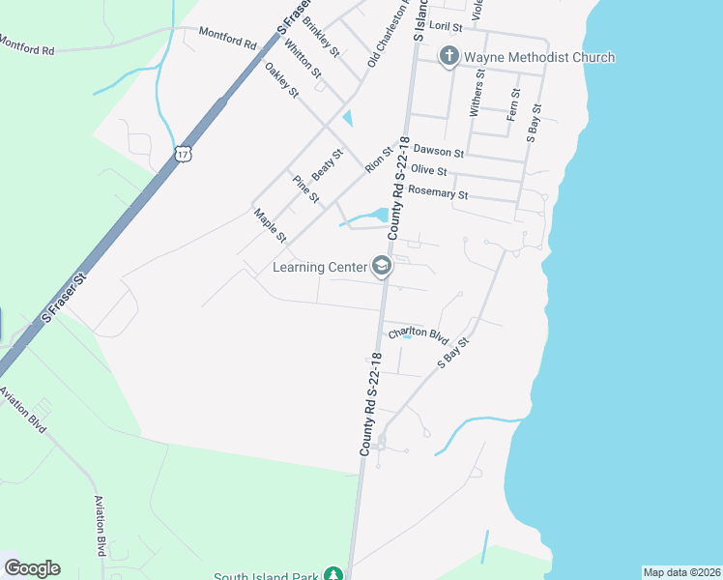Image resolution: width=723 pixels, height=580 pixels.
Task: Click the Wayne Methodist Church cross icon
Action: click(x=449, y=57)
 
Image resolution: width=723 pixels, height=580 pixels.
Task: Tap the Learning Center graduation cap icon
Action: click(x=382, y=267)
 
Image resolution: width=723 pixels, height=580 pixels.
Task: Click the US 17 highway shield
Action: click(x=184, y=153)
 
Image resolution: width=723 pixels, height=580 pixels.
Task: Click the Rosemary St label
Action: click(x=438, y=192)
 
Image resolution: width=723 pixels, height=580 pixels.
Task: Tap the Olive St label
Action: click(x=429, y=170)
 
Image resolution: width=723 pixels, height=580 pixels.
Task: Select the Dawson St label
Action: click(x=439, y=151)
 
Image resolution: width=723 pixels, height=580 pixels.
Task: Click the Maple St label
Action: click(x=271, y=225)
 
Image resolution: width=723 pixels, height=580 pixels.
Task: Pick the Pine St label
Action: click(x=305, y=189)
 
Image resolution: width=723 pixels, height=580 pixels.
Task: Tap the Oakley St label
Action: click(x=282, y=79)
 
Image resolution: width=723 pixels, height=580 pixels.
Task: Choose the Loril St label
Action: click(x=446, y=28)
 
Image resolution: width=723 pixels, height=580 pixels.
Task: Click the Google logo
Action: click(x=32, y=568)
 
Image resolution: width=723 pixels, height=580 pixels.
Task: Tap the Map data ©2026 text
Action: click(x=681, y=572)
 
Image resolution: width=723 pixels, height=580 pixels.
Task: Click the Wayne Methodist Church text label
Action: click(x=539, y=57)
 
